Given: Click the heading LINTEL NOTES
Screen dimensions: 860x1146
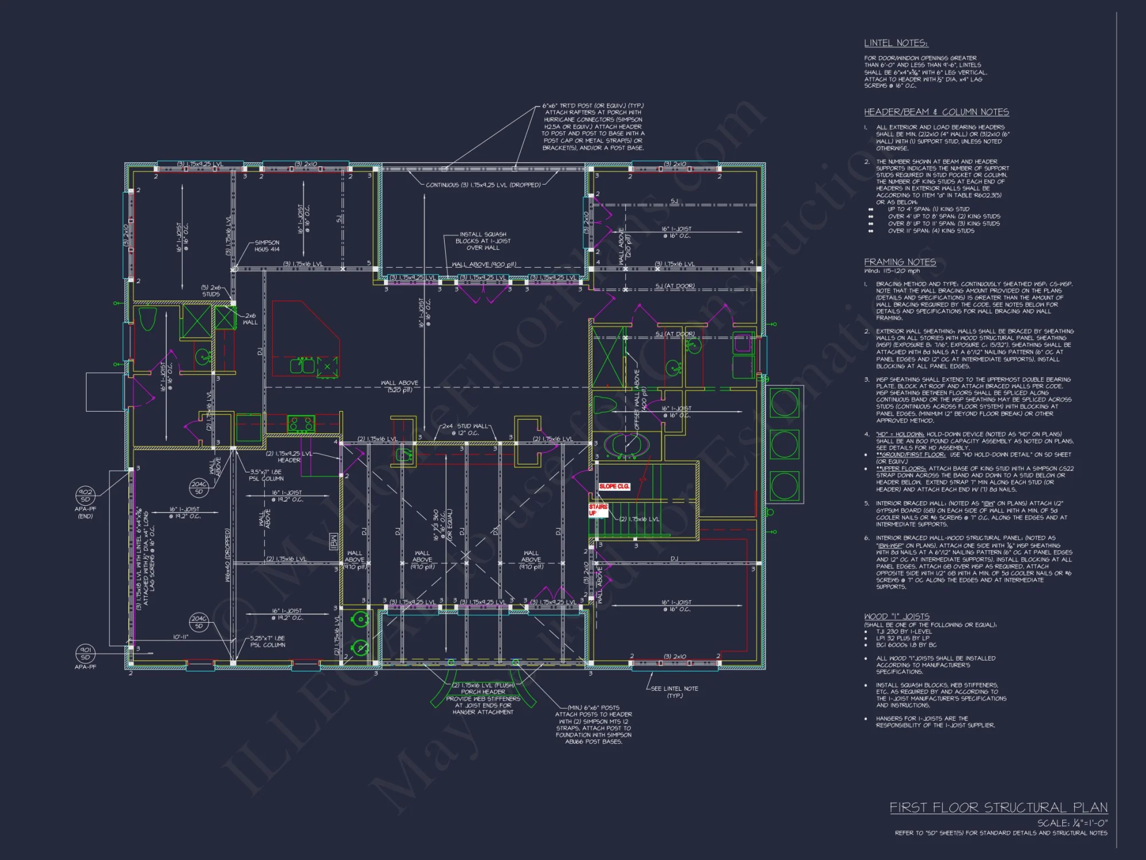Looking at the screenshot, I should (896, 43).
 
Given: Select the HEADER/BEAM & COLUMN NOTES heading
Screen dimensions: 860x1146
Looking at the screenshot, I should (936, 112).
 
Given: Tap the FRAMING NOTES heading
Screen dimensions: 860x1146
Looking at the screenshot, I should (900, 262).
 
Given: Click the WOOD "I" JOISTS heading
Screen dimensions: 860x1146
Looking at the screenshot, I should (897, 616).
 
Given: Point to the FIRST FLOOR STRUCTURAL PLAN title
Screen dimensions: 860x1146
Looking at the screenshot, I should (998, 807).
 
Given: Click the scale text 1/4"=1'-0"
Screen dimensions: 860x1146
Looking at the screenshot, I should (1072, 823).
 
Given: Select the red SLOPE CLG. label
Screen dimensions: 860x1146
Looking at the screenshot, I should (614, 486).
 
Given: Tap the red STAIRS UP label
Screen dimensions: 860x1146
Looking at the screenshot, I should (598, 510).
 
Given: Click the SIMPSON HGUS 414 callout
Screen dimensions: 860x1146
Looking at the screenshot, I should (267, 246).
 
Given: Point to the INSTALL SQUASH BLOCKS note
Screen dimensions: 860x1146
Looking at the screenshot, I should (482, 241).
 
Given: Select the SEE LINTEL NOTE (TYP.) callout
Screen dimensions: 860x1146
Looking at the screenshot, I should (674, 691).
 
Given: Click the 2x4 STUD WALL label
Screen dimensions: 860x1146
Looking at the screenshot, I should (465, 429).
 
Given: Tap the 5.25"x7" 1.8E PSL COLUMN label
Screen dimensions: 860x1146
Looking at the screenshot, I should (268, 642).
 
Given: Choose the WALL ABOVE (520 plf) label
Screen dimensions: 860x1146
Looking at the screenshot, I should (399, 386).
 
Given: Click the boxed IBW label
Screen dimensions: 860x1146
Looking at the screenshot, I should (333, 541).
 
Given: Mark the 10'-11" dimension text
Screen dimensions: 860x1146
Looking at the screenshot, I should (180, 637).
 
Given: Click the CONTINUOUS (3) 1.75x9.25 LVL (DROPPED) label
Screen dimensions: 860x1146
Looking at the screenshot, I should (483, 185).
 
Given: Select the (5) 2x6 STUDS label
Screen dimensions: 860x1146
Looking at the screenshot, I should (211, 291).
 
